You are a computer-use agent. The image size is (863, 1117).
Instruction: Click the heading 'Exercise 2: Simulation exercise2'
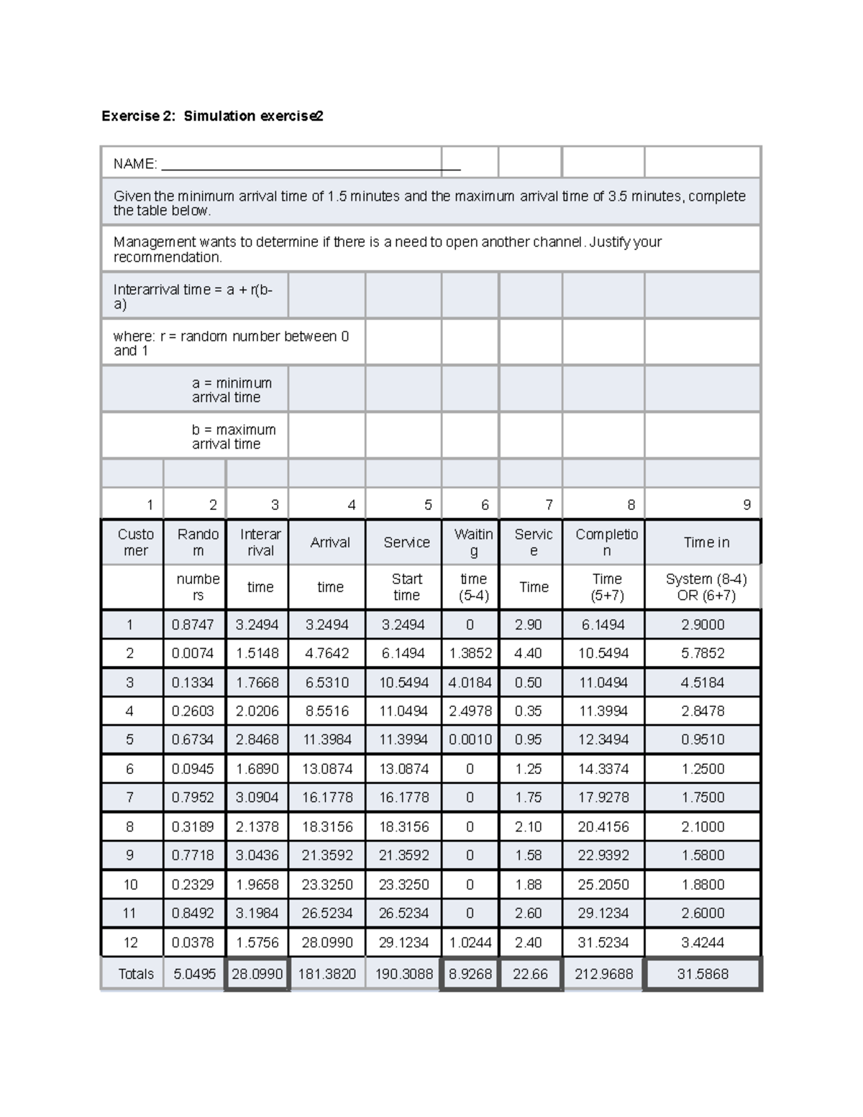click(x=212, y=116)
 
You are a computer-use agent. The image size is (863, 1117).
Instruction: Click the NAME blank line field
click(x=311, y=165)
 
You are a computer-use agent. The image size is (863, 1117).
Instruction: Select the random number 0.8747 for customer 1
click(x=193, y=624)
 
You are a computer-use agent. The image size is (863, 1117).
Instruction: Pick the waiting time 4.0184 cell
click(x=470, y=682)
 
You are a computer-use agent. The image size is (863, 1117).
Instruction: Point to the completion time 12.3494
click(x=603, y=739)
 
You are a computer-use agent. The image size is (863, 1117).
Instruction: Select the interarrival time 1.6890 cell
click(x=257, y=768)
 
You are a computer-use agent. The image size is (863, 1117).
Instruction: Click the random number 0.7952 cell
click(x=193, y=797)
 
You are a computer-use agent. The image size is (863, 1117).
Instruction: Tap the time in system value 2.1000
click(x=703, y=826)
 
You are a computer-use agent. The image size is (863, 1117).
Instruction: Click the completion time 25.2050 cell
click(x=603, y=884)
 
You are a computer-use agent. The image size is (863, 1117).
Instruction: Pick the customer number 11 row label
click(x=129, y=913)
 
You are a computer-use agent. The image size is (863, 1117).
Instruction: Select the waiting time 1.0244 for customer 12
click(x=470, y=942)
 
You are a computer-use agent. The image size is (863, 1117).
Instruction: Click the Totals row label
click(x=136, y=974)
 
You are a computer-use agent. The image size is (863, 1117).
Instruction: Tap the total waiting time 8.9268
click(x=470, y=974)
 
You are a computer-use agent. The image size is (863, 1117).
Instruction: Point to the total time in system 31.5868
click(x=703, y=974)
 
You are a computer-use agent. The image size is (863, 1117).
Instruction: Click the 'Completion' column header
click(x=606, y=542)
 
